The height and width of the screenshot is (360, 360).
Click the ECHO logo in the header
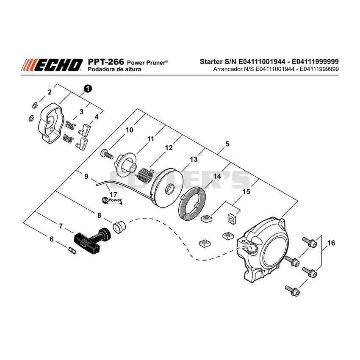(x=52, y=65)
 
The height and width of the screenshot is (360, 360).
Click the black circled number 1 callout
(x=88, y=89)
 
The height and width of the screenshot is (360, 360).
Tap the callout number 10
(x=130, y=130)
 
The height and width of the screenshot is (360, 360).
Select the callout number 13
(x=194, y=159)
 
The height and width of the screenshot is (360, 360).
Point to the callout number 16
(x=331, y=243)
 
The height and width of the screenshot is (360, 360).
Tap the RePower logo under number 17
(x=112, y=201)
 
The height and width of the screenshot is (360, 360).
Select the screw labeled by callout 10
(x=107, y=154)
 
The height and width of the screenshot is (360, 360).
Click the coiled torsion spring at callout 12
(x=146, y=176)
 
